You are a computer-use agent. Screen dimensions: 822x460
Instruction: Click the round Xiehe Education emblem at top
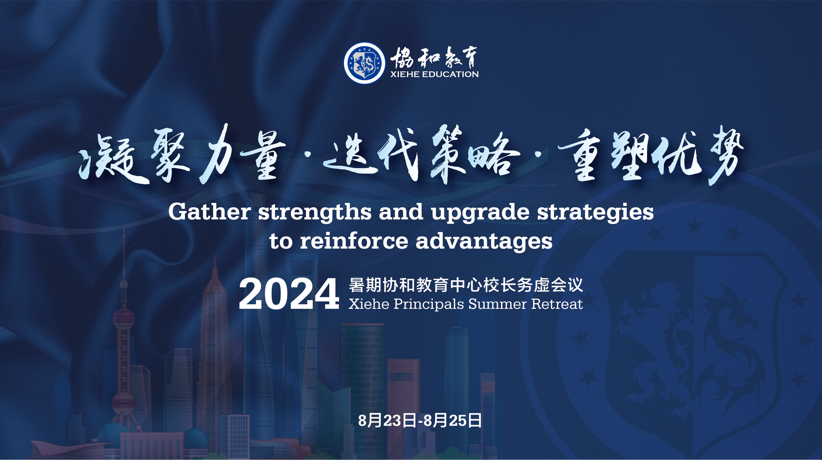pos(364,63)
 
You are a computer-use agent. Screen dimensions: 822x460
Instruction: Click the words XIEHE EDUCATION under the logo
pos(434,74)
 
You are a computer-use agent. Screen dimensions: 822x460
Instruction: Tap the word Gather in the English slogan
pos(209,212)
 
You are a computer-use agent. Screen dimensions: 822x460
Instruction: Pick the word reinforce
pos(354,241)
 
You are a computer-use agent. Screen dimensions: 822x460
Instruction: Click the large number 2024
pos(289,294)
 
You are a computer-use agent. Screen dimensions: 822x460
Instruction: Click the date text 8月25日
pos(452,421)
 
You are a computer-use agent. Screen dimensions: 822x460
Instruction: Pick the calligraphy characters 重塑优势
pos(651,155)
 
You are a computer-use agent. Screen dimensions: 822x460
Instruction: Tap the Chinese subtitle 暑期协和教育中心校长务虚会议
pos(466,285)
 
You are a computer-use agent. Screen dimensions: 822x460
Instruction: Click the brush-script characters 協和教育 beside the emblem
pos(434,58)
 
